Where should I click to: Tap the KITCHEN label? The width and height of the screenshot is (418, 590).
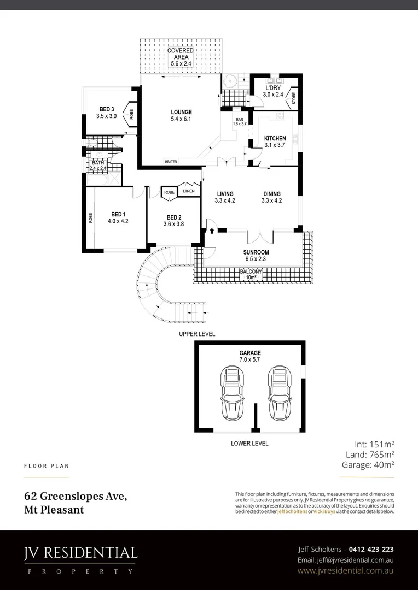click(x=275, y=139)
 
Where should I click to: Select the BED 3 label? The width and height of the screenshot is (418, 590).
click(x=107, y=108)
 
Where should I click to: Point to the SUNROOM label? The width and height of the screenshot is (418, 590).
click(x=256, y=252)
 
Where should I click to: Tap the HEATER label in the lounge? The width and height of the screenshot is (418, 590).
click(x=171, y=162)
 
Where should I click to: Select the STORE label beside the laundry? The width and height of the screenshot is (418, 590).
click(x=294, y=99)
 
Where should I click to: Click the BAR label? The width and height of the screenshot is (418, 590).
click(x=239, y=119)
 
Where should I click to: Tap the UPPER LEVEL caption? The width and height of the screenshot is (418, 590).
click(x=197, y=334)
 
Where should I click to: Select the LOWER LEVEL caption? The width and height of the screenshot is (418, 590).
click(x=249, y=444)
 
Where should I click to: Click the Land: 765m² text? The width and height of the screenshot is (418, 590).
click(x=370, y=454)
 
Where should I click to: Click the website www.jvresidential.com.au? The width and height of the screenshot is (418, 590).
click(x=346, y=571)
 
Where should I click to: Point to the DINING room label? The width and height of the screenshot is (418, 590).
click(x=271, y=194)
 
